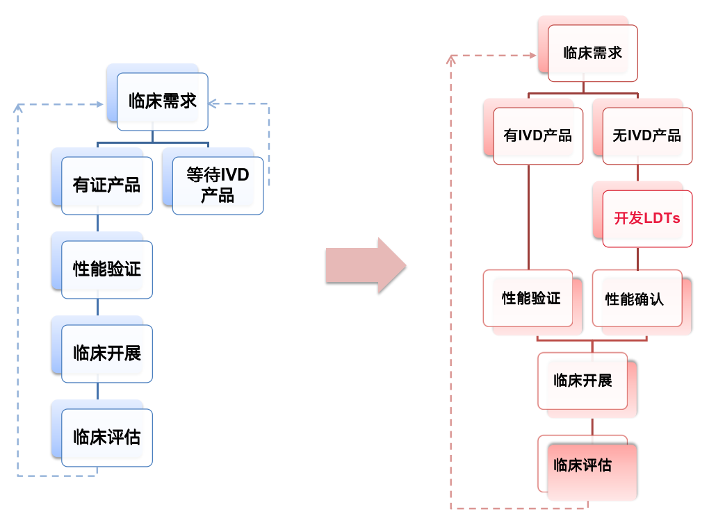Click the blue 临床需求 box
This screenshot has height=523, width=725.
[x=162, y=101]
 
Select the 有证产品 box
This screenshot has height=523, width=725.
[x=106, y=185]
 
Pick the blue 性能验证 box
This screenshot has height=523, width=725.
[x=106, y=269]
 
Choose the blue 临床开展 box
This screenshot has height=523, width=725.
[x=106, y=354]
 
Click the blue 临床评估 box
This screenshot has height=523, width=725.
[x=106, y=438]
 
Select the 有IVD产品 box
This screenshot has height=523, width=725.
[x=537, y=136]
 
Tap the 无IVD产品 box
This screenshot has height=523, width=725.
[x=647, y=136]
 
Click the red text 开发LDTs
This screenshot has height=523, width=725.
[x=647, y=219]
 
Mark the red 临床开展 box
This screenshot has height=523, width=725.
[x=583, y=381]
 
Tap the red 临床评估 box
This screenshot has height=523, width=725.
[x=583, y=464]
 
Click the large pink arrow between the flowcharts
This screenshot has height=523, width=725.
[x=366, y=265]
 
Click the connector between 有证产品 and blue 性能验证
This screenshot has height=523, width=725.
[x=97, y=224]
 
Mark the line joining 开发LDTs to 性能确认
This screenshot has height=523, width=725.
[x=637, y=258]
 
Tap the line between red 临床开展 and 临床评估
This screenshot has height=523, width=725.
[x=592, y=426]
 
